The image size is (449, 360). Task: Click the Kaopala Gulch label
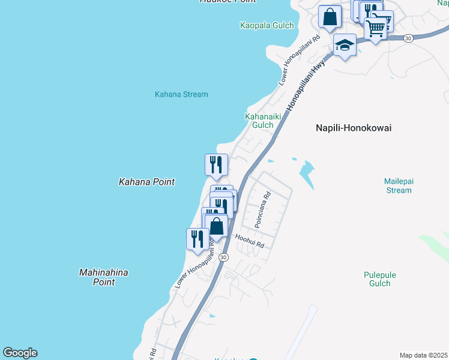267,25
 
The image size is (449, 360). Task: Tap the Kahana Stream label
181,94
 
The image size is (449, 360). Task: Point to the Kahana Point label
146,181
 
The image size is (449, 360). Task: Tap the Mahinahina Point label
104,277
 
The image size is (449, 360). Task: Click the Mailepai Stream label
398,185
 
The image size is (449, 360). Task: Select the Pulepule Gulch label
380,280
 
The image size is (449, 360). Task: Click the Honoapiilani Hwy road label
306,84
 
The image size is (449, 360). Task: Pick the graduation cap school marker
345,45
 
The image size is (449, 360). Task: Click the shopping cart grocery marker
375,27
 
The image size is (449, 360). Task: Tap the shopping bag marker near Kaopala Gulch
330,16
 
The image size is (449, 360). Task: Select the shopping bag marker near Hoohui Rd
217,226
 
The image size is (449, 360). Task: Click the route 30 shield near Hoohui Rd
223,257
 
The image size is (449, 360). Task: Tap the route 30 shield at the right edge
408,38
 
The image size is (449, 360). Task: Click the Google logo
20,353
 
